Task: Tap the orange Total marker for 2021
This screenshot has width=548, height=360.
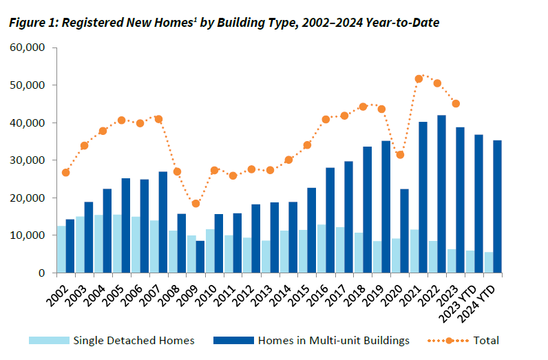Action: click(419, 78)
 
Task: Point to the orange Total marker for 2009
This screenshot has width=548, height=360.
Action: click(196, 203)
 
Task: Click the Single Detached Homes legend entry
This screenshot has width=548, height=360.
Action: click(134, 340)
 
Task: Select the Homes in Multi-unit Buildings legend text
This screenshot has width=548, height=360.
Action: click(333, 340)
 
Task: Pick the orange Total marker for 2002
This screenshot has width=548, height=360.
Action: click(65, 172)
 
